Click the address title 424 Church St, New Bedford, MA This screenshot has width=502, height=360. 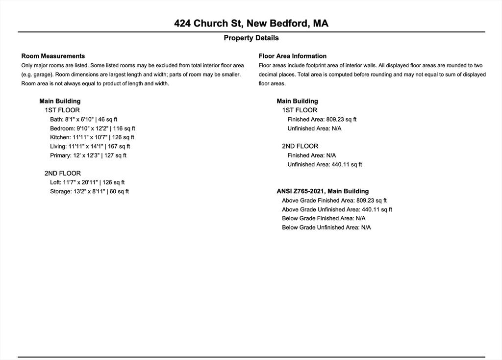point(251,23)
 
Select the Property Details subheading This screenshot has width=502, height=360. point(251,38)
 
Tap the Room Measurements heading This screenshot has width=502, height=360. point(53,56)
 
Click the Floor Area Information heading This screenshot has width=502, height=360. point(292,56)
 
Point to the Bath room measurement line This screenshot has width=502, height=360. point(83,119)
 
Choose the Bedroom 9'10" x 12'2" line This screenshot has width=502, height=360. point(92,129)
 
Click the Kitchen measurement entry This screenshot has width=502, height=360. point(92,137)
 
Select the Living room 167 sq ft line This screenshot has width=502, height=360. point(90,146)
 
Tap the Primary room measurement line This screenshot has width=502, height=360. point(88,155)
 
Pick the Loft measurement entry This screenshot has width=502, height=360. point(87,182)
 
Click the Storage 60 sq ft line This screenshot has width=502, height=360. point(89,191)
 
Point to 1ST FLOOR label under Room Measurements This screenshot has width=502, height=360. point(62,110)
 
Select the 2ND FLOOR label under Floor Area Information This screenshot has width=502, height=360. point(300,146)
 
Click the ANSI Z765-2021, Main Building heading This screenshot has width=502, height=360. point(323,191)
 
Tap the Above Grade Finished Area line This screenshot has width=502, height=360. point(334,201)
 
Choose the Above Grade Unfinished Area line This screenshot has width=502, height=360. point(337,209)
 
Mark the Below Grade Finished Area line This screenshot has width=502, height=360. point(324,218)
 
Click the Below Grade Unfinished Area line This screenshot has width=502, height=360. point(326,228)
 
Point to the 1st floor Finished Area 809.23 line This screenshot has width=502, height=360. point(322,119)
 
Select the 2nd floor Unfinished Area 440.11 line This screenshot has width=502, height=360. point(325,164)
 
